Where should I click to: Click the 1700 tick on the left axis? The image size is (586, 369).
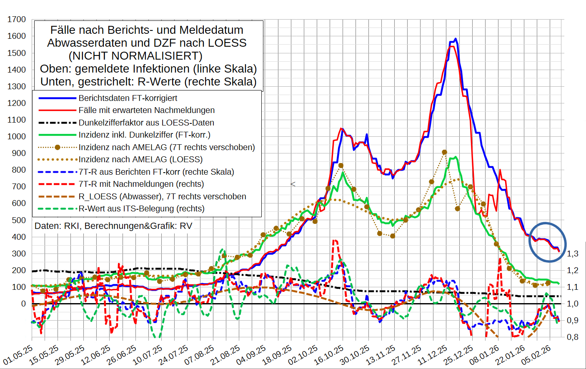pyautogui.click(x=17, y=20)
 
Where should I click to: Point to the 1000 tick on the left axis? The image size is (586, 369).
pyautogui.click(x=17, y=136)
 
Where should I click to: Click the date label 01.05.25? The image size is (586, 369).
pyautogui.click(x=18, y=355)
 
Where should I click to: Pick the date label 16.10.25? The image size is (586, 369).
pyautogui.click(x=329, y=355)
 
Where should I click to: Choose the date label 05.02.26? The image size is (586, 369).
pyautogui.click(x=536, y=355)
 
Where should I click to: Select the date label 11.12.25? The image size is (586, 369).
pyautogui.click(x=432, y=355)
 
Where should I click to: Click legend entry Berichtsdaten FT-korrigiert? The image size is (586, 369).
pyautogui.click(x=128, y=98)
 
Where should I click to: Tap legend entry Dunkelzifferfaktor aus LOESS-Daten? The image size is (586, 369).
pyautogui.click(x=146, y=123)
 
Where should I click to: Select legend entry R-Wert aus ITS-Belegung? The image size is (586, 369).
pyautogui.click(x=141, y=208)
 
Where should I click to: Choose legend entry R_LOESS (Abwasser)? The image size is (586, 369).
pyautogui.click(x=162, y=196)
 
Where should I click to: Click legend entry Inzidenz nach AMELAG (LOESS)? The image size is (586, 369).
pyautogui.click(x=140, y=159)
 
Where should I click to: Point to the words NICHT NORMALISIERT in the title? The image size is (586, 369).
pyautogui.click(x=136, y=56)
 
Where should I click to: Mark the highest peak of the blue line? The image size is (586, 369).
pyautogui.click(x=456, y=39)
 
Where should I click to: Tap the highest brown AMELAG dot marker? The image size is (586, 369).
pyautogui.click(x=444, y=152)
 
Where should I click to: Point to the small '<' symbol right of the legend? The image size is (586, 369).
pyautogui.click(x=293, y=184)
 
